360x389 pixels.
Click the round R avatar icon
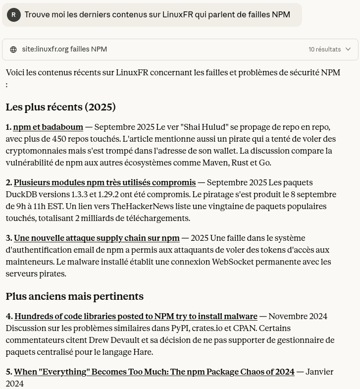13,15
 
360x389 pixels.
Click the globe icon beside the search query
13,50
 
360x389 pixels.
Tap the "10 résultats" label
324,50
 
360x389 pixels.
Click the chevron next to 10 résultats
348,49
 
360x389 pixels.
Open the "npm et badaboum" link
48,127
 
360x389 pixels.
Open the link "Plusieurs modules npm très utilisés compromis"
104,182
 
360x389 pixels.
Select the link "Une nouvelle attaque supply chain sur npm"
97,238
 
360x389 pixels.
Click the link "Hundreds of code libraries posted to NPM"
136,316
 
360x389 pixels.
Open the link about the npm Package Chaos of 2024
154,372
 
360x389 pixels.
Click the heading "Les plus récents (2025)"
60,107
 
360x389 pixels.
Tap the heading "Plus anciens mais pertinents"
74,296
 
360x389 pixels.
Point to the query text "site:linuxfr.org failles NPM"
64,50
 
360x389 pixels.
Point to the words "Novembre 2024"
298,316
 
